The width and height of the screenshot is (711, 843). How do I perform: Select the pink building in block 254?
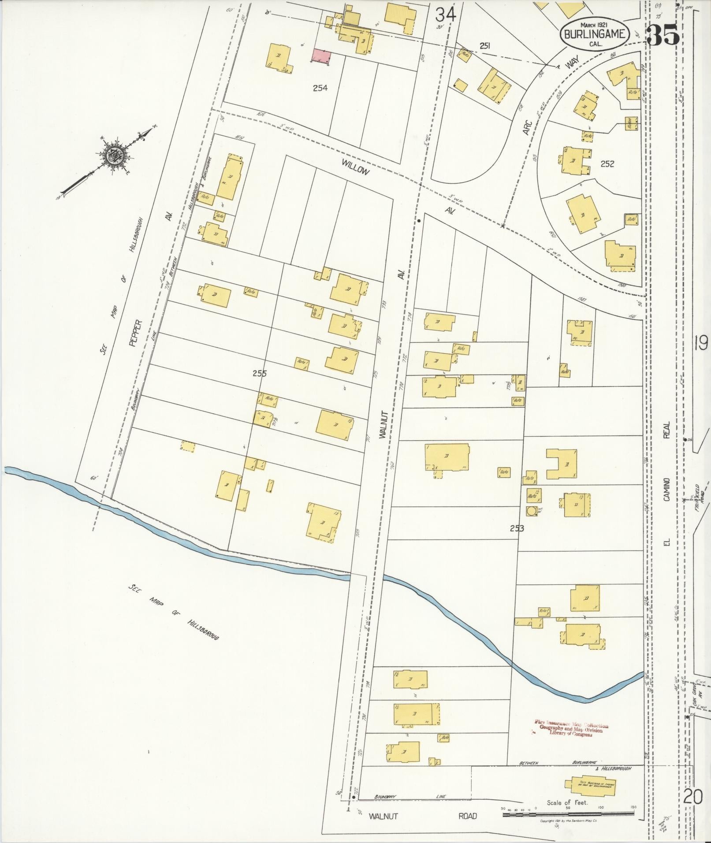321,56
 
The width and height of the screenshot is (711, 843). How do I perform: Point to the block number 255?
260,373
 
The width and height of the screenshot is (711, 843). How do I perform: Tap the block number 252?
607,163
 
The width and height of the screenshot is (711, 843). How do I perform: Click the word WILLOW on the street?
354,167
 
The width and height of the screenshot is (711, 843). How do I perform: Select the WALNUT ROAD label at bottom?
423,816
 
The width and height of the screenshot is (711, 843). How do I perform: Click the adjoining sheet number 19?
700,342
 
